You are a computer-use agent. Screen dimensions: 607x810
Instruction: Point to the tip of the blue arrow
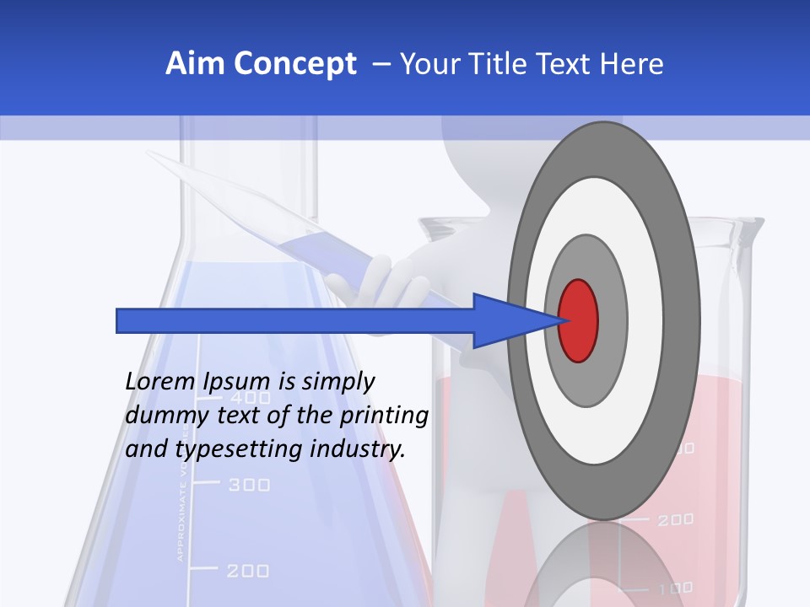pyautogui.click(x=559, y=320)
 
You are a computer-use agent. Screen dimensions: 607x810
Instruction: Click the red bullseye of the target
pyautogui.click(x=578, y=320)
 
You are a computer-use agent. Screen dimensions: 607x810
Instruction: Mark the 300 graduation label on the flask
pyautogui.click(x=250, y=485)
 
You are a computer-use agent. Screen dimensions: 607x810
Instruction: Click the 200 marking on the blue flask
pyautogui.click(x=248, y=571)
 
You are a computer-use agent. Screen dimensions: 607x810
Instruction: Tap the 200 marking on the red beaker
pyautogui.click(x=675, y=520)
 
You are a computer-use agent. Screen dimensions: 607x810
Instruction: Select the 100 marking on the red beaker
pyautogui.click(x=676, y=588)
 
